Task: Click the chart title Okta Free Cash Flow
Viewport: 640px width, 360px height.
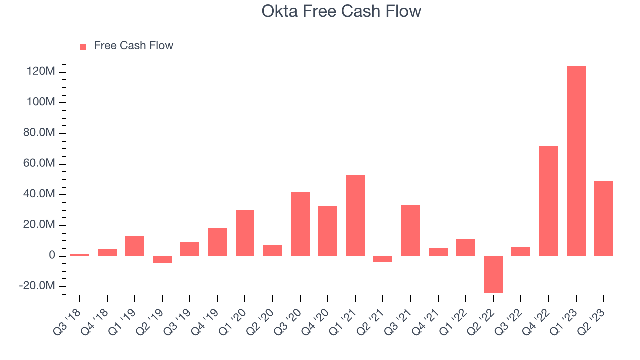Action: point(341,11)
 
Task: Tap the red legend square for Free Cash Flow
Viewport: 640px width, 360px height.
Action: point(83,47)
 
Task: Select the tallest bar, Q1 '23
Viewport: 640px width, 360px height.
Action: point(576,161)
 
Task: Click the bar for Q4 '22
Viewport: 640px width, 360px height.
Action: point(548,201)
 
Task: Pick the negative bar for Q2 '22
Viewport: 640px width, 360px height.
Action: point(493,274)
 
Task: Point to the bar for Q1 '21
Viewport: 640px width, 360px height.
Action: point(355,216)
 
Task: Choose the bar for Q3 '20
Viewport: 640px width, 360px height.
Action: point(300,224)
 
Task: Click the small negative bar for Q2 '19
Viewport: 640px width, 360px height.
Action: point(162,259)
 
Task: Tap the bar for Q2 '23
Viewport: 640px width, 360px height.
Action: point(604,219)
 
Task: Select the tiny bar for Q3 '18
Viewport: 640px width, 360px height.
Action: point(79,255)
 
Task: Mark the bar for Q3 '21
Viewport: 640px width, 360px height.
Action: point(411,231)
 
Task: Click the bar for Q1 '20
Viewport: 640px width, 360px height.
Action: point(245,233)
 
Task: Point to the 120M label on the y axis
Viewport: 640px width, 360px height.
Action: point(41,71)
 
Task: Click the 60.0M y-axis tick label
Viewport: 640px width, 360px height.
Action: point(39,163)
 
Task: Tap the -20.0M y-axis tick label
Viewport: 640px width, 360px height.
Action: point(37,285)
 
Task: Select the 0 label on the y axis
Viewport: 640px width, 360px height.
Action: point(52,255)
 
